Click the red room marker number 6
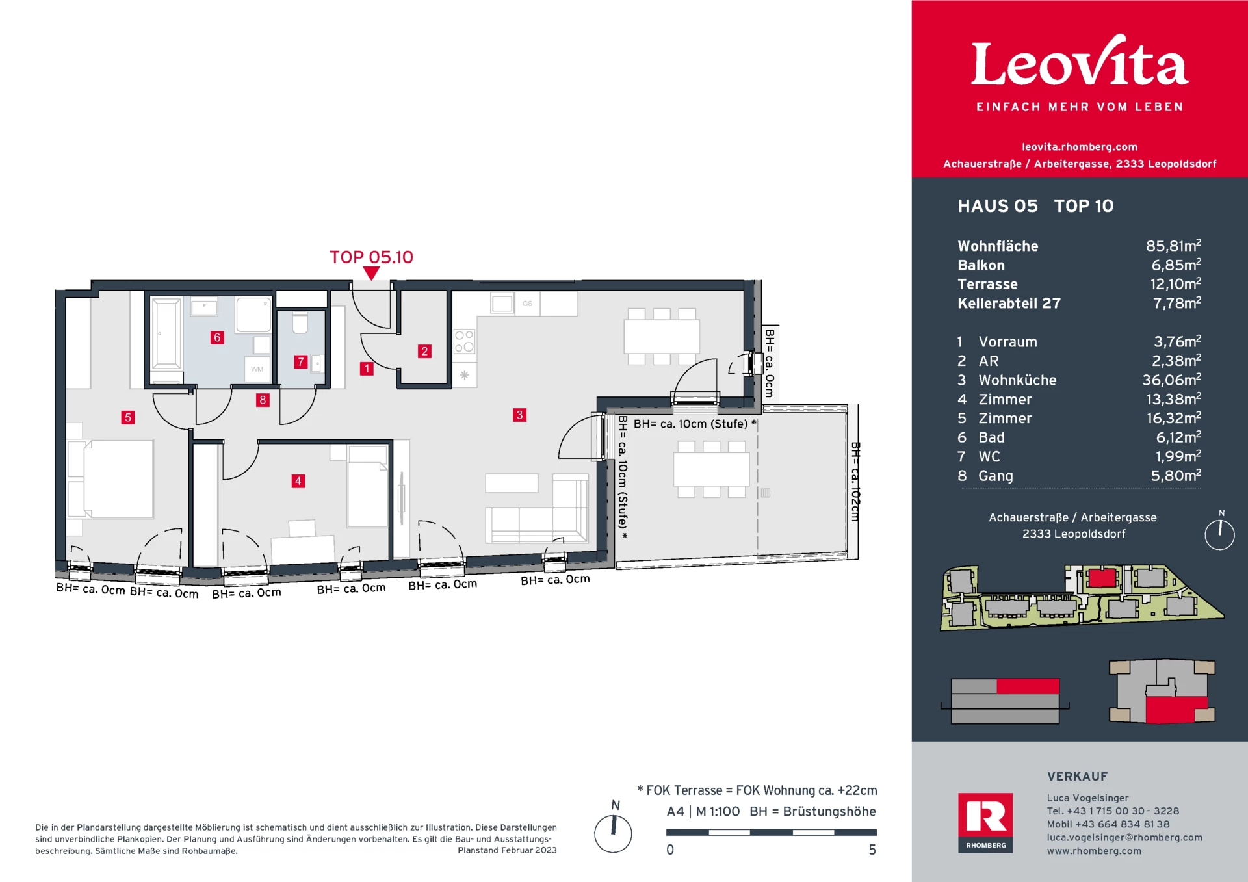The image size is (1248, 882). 217,337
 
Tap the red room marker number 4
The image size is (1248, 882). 298,481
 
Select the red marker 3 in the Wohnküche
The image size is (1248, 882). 519,415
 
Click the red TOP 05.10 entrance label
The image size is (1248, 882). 371,257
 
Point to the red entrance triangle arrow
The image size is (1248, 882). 371,274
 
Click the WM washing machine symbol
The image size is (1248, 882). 257,369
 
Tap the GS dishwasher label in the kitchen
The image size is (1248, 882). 527,304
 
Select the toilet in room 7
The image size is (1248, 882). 300,322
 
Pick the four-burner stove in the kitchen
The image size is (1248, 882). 464,341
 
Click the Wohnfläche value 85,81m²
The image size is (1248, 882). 1173,246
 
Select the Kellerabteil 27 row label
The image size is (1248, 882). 1009,304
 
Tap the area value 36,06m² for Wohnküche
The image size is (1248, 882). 1171,380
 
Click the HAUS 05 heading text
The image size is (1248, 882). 997,206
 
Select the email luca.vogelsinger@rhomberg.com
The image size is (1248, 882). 1124,838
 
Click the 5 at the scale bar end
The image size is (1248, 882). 872,850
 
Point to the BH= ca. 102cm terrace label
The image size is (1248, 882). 855,482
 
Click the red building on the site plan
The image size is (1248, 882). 1102,577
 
